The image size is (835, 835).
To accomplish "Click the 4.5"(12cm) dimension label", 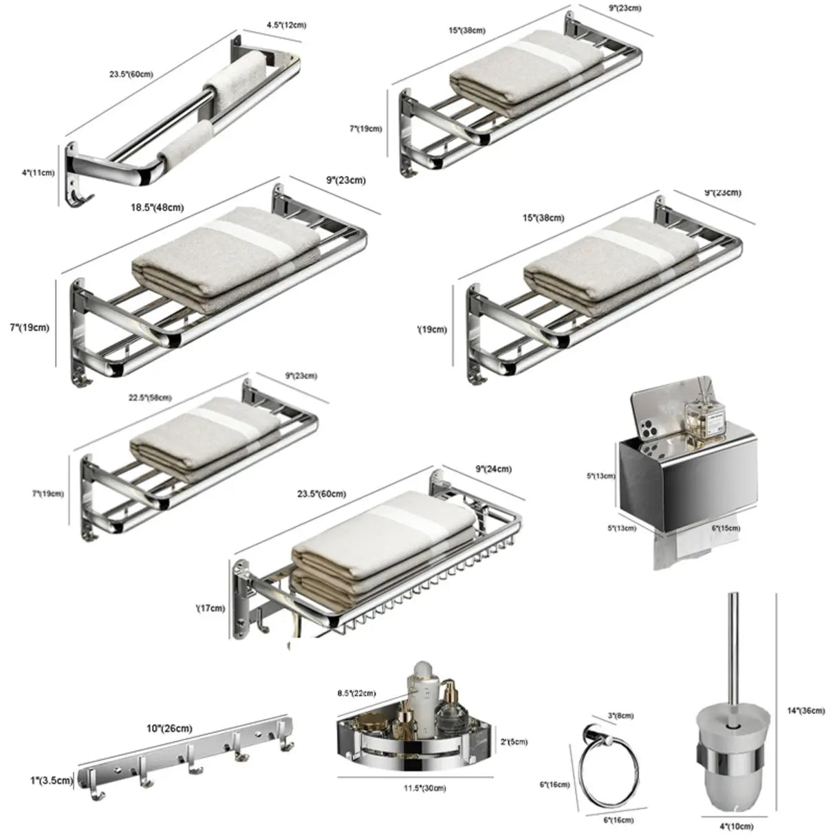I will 286,25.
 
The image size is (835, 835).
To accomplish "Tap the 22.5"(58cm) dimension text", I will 150,398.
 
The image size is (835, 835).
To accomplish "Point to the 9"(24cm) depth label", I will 493,470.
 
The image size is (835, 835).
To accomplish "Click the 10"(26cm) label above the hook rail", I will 169,728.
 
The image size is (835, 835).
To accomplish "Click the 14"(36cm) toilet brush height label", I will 806,711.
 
